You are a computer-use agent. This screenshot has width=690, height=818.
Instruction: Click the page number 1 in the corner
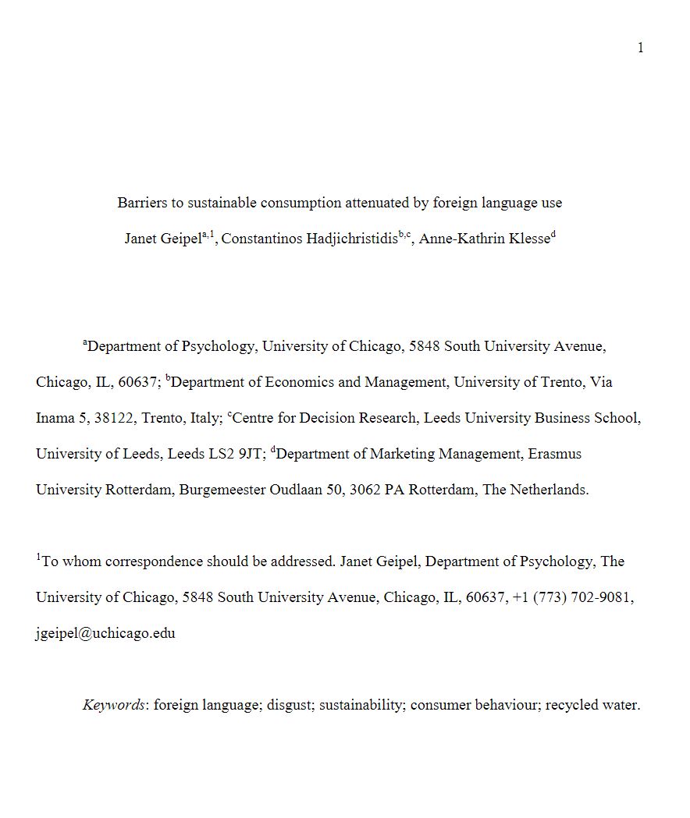tap(641, 48)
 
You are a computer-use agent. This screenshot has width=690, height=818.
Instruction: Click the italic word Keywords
tap(114, 705)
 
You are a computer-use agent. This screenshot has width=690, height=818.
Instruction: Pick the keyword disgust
tap(288, 705)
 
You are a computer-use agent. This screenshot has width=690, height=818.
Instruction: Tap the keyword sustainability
tap(361, 705)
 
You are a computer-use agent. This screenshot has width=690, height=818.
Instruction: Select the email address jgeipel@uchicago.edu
tap(105, 633)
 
